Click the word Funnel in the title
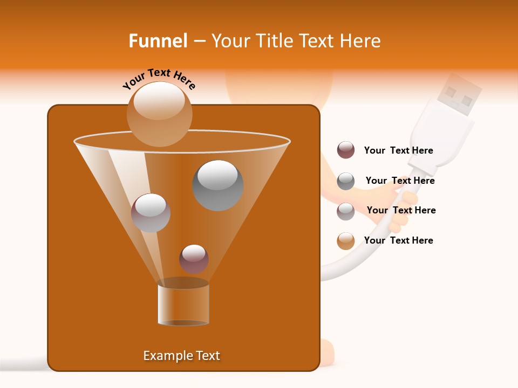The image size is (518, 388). pos(158,41)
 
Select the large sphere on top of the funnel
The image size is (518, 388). pos(159,114)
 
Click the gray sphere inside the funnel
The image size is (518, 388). pos(217,185)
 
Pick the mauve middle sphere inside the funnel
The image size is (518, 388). pos(151,212)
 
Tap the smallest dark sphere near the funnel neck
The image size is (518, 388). pos(194,259)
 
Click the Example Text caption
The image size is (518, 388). pos(181,356)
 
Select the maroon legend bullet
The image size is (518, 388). pos(346,150)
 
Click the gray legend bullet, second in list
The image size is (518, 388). pos(346,181)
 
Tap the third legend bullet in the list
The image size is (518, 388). pos(346,211)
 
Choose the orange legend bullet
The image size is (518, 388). pos(346,241)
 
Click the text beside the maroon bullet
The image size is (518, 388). pos(398,151)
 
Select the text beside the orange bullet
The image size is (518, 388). pos(398,240)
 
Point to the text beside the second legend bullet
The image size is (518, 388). pos(400,181)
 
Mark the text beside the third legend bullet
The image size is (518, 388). pos(401,210)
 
